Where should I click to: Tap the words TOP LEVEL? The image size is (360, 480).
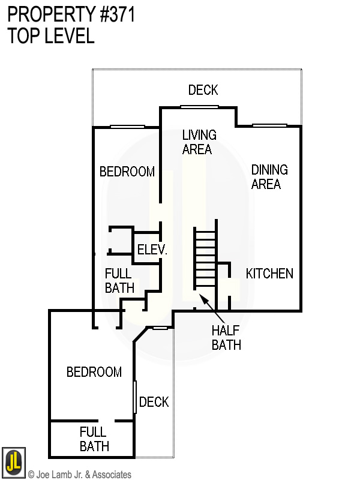pos(51,35)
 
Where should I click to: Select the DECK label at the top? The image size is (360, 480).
pos(203,90)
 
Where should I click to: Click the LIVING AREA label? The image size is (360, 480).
pos(199,142)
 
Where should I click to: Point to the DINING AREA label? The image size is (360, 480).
pos(269,177)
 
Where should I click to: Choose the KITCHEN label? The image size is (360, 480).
pos(269,274)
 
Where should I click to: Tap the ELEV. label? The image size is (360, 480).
pos(152,250)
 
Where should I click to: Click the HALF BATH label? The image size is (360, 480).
pos(226,338)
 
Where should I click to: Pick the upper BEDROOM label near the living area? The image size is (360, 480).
pos(127,172)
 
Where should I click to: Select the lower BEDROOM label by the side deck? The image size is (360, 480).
pos(94,372)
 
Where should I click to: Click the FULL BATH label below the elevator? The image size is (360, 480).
pos(119,280)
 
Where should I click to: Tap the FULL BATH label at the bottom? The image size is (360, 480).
pos(94,439)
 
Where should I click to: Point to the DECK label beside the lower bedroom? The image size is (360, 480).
pos(154,402)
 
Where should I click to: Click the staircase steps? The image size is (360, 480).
pos(205,259)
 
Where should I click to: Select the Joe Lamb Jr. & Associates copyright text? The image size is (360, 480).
pos(80,475)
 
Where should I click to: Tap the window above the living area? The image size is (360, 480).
pos(199,107)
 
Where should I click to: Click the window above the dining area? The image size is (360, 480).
pos(269,125)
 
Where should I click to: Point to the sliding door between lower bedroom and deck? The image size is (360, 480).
pos(134,397)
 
